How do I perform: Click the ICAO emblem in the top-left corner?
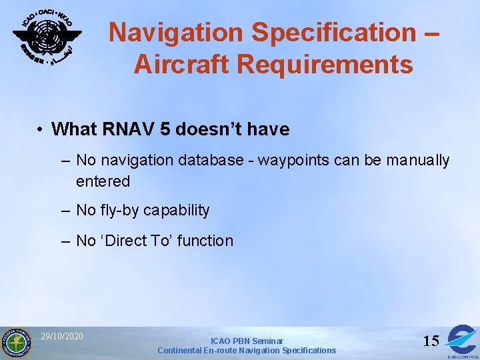(x=47, y=37)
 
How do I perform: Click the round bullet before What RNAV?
(x=41, y=129)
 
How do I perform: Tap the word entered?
(x=103, y=181)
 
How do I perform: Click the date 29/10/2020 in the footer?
(x=62, y=336)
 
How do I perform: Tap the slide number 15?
(x=431, y=341)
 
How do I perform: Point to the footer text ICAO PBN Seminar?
(x=247, y=341)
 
